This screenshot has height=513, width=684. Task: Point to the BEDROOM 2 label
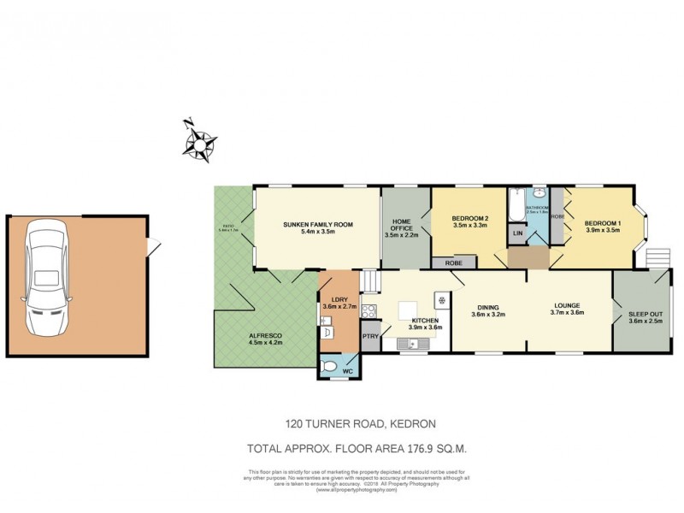coord(469,219)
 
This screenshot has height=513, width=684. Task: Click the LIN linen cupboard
coord(517,233)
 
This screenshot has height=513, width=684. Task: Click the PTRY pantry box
coord(370,337)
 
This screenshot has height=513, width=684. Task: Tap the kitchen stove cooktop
coord(370,311)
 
